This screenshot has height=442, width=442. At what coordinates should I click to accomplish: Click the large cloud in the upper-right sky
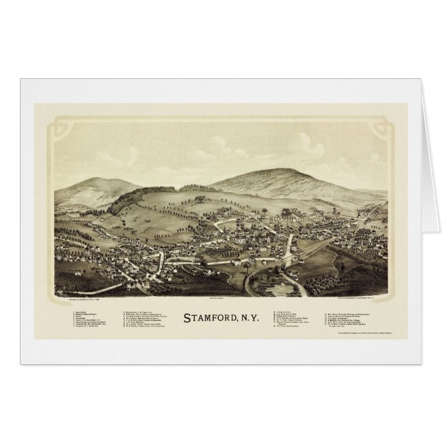click(x=312, y=145)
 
